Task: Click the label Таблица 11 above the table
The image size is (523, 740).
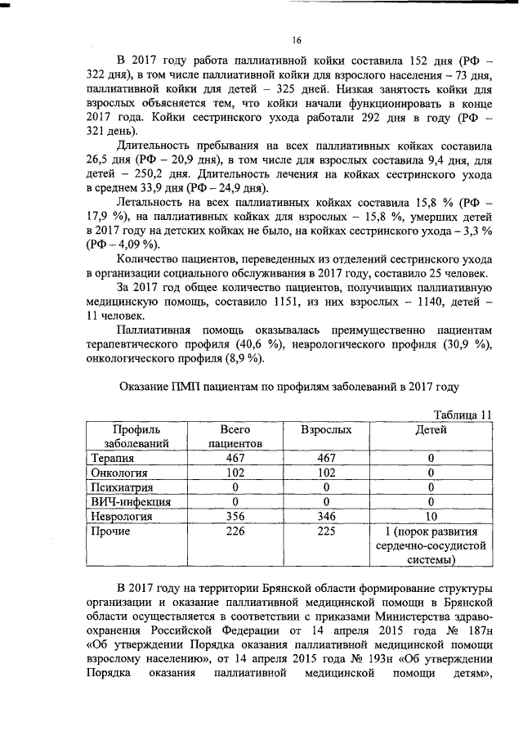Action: (459, 414)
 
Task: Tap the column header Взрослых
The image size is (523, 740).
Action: (327, 428)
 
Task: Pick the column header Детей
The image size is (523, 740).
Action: (431, 428)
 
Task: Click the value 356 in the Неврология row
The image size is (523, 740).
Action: (235, 517)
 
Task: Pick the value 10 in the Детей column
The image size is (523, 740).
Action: (431, 517)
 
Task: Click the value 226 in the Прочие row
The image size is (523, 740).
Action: (235, 531)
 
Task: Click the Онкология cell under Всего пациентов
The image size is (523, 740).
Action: (235, 473)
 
